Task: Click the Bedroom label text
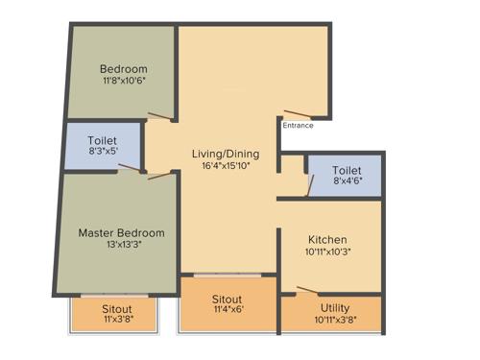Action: pos(124,69)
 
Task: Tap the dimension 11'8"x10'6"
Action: pos(124,82)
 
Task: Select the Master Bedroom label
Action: pos(121,232)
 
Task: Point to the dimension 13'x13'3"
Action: pos(121,245)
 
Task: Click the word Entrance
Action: pos(298,125)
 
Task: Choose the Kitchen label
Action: pos(327,239)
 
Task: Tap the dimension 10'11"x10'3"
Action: pos(327,252)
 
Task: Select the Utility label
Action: pos(335,308)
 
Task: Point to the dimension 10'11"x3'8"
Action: pos(335,321)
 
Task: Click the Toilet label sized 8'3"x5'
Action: pos(103,141)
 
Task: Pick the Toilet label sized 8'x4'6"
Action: pos(347,170)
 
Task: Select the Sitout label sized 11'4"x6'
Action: pos(228,299)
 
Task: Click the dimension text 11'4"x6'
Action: pos(228,311)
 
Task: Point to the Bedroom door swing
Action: pos(159,118)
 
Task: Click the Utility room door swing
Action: pos(307,291)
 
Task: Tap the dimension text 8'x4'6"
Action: pos(347,182)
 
